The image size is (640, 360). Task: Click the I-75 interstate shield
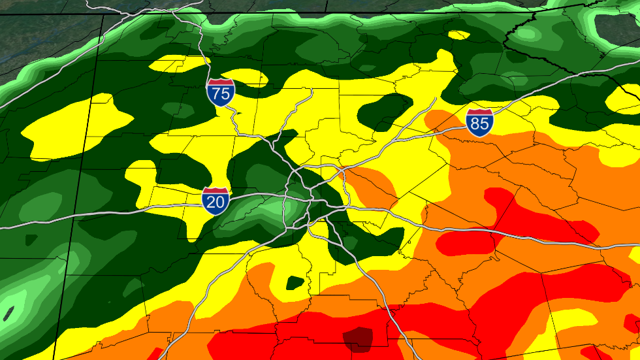[x=221, y=92]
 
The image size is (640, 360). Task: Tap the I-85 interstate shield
[x=479, y=123]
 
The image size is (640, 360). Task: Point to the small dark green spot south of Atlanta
[x=295, y=283]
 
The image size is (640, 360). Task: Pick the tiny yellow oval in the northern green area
[x=460, y=35]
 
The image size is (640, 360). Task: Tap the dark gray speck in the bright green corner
[x=8, y=313]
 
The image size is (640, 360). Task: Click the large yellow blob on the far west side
[x=72, y=121]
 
